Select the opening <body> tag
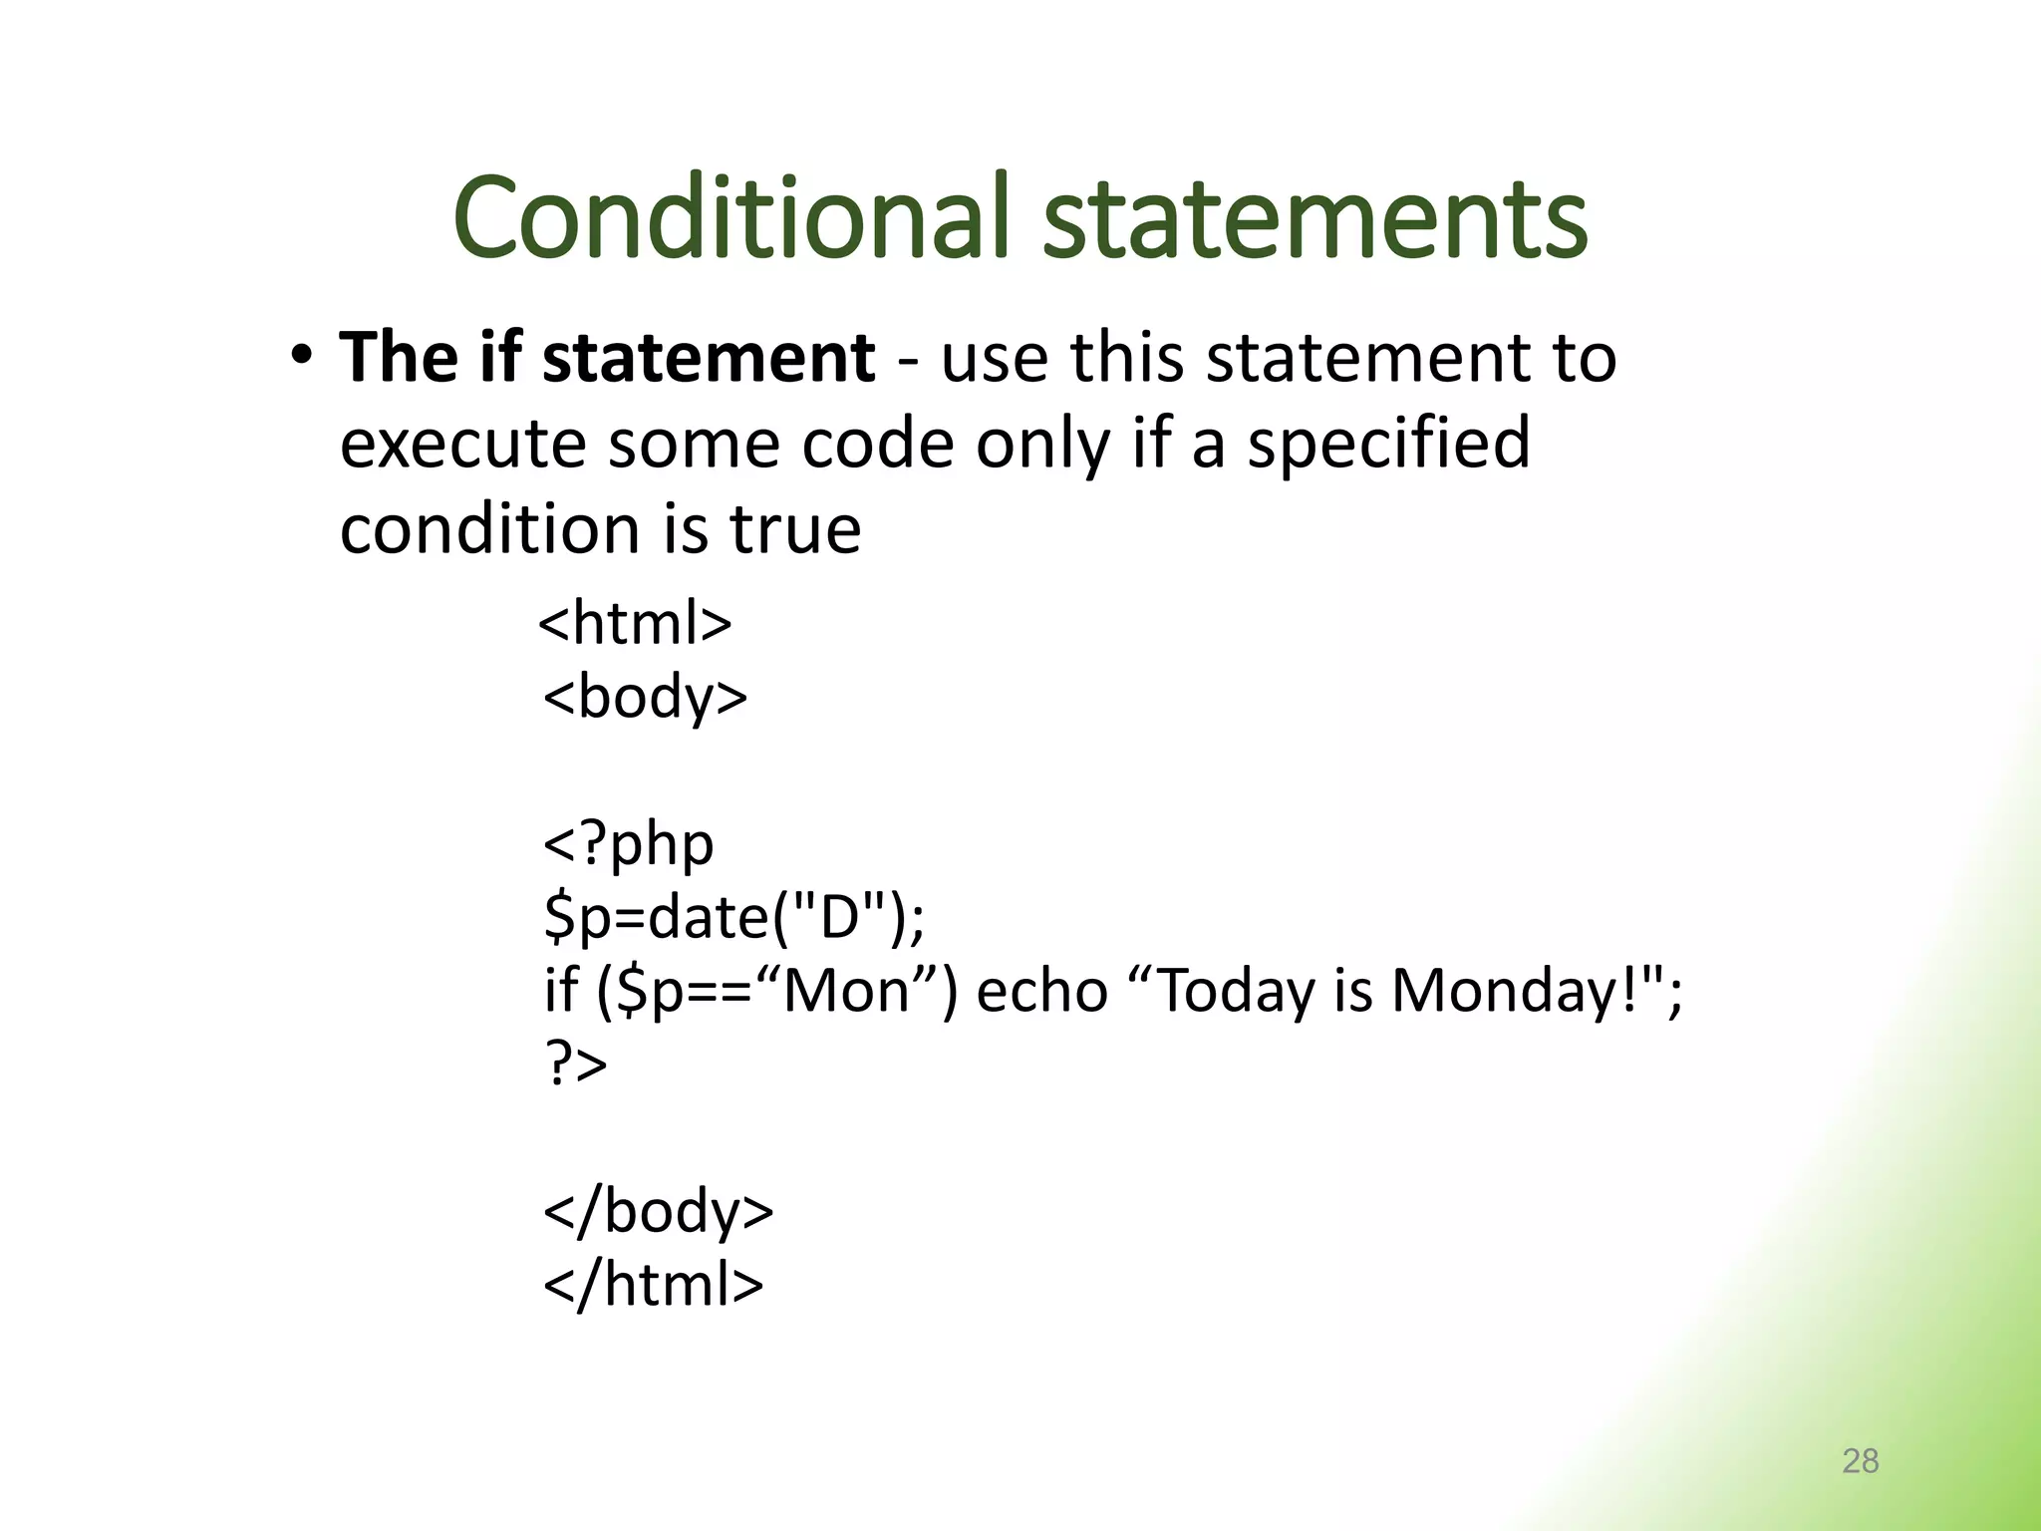tap(645, 697)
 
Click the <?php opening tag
tap(629, 844)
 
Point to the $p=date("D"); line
tap(734, 917)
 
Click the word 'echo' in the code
tap(1041, 991)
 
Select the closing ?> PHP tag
tap(576, 1064)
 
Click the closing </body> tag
tap(658, 1211)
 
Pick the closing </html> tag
tap(653, 1284)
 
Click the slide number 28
tap(1860, 1461)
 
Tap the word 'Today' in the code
tap(1236, 991)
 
